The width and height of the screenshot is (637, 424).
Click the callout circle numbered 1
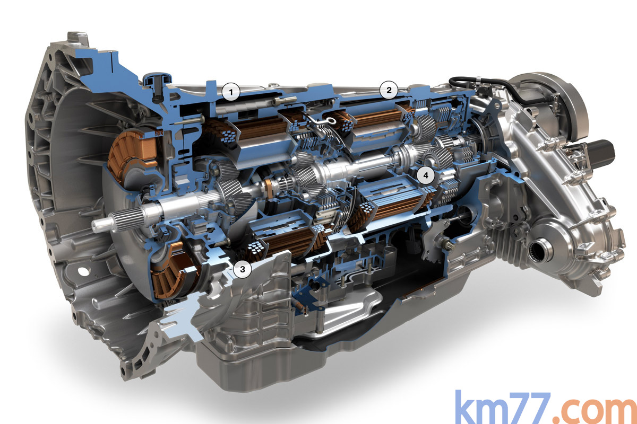coord(231,92)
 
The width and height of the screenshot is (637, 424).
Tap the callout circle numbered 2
coord(389,90)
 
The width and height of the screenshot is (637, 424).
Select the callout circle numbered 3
coord(243,269)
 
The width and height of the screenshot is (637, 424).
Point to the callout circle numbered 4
coord(426,175)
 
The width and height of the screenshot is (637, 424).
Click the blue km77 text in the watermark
coord(503,408)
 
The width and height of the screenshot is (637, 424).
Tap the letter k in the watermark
coord(467,407)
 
